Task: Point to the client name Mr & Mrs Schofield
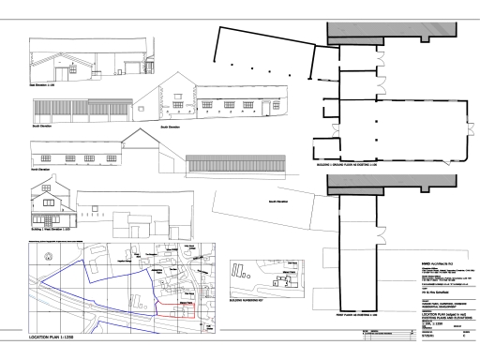[417, 282]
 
